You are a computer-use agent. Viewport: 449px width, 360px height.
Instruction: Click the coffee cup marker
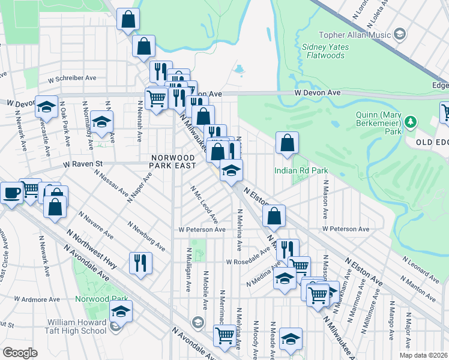coord(11,194)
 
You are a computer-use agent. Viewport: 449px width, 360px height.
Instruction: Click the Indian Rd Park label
coord(301,170)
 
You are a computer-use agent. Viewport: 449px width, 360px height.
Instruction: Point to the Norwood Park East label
coord(173,161)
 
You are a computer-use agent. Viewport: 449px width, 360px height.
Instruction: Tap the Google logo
coord(20,353)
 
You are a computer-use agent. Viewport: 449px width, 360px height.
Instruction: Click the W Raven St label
coord(83,163)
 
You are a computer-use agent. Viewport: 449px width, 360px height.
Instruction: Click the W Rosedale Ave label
coord(248,261)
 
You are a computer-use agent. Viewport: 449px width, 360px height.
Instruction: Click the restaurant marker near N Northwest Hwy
coord(140,262)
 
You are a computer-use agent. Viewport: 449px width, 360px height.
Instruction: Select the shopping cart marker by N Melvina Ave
coord(224,335)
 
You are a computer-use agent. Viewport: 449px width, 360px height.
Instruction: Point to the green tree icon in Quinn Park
coord(411,122)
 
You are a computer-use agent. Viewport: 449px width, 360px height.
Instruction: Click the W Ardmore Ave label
coord(37,299)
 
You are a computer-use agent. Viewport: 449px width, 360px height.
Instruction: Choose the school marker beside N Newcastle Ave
coord(46,107)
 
